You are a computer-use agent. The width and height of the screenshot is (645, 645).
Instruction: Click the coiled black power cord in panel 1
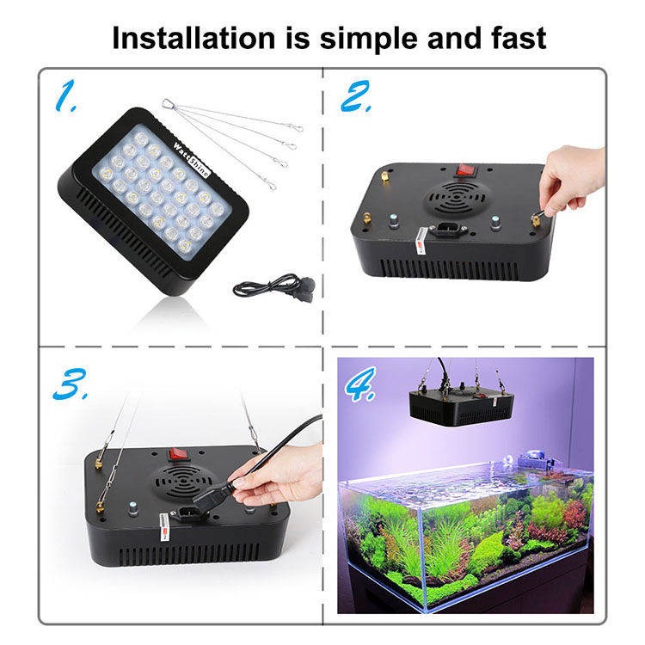pyautogui.click(x=271, y=286)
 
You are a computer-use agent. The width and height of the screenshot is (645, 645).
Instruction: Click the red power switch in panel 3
pyautogui.click(x=178, y=452)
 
